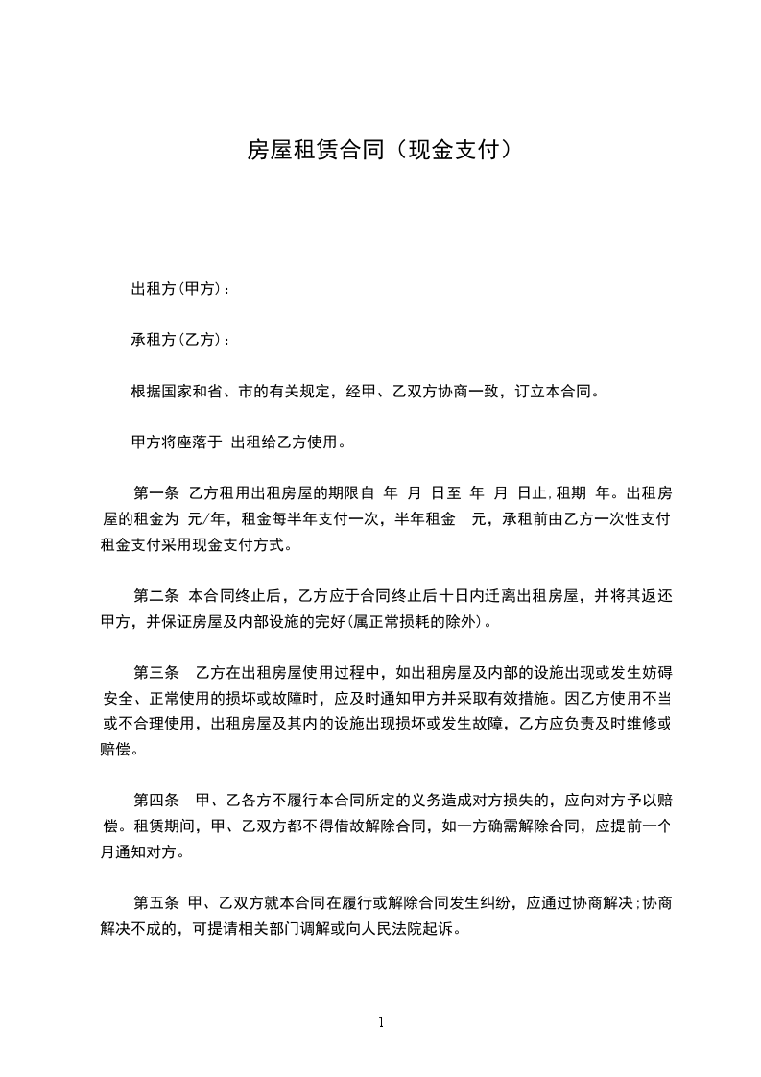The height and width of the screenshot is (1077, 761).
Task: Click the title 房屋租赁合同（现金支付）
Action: (380, 150)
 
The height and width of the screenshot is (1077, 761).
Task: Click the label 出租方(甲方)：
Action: (180, 289)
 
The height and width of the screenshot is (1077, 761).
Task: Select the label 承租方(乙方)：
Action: (180, 341)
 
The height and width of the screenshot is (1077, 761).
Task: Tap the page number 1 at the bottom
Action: (381, 1022)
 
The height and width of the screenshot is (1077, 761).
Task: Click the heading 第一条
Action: (156, 495)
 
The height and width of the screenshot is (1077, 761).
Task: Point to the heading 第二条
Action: (156, 595)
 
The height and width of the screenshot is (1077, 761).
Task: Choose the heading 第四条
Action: (156, 800)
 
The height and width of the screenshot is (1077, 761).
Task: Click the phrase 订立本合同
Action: (556, 392)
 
